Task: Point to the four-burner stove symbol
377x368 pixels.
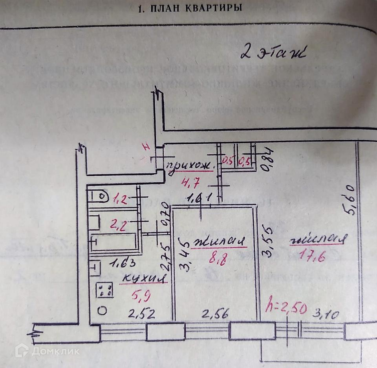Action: click(104, 290)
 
